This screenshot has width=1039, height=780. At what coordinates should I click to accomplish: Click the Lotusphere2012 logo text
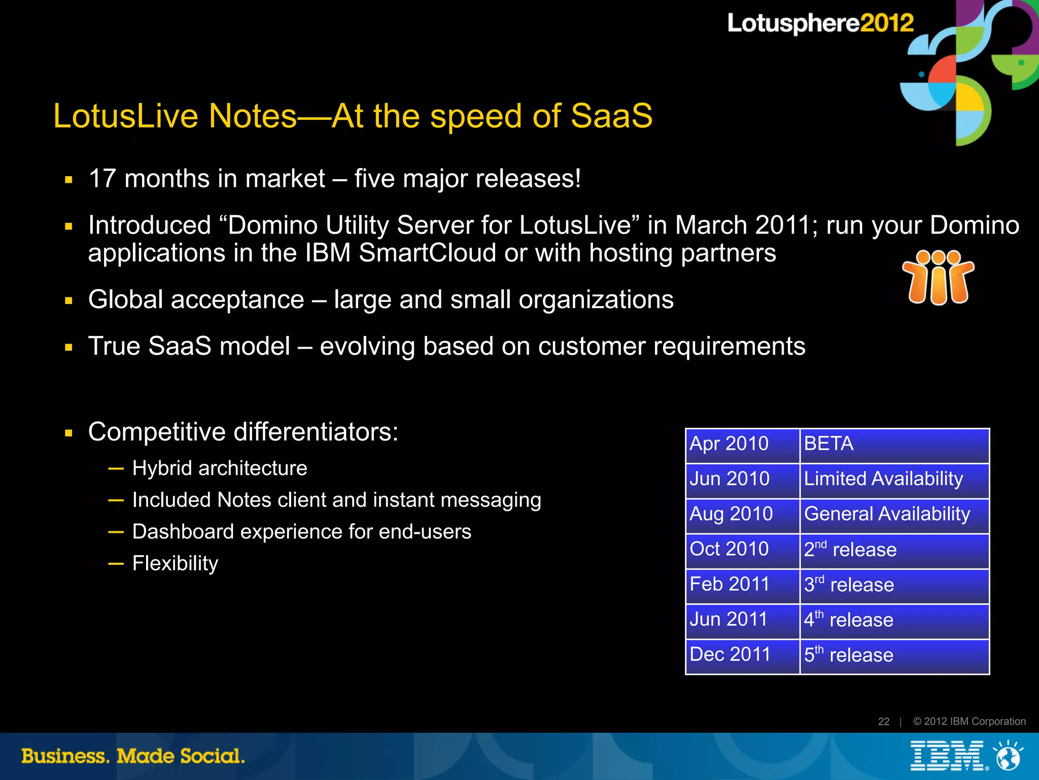coord(820,23)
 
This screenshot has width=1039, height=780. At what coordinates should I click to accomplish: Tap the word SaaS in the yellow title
coord(611,116)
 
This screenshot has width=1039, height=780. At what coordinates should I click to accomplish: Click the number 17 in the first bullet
coord(102,179)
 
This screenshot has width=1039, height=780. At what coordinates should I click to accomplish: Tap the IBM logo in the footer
coord(947,756)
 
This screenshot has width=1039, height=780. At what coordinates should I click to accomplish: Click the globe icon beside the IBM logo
coord(1008,756)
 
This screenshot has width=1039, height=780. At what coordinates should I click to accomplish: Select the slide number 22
coord(884,722)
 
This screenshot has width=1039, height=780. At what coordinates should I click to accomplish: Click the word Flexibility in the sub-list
coord(175,563)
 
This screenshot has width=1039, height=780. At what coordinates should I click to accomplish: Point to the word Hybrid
coord(162,468)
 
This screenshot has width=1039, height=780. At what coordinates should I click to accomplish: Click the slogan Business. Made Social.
coord(133,756)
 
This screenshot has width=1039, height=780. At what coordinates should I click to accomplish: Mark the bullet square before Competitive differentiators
coord(69,433)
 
